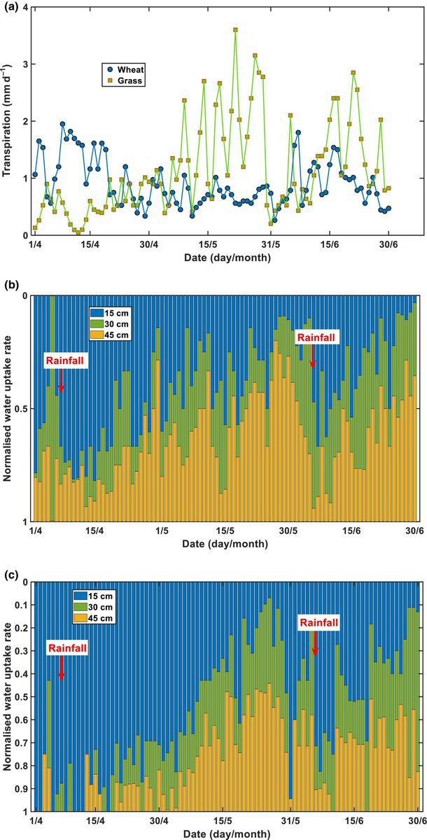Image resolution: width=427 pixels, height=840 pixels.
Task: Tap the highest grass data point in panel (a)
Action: (235, 30)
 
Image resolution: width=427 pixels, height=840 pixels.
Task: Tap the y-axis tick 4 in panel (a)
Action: (25, 7)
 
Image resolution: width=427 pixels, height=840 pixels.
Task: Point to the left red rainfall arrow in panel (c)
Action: (61, 668)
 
